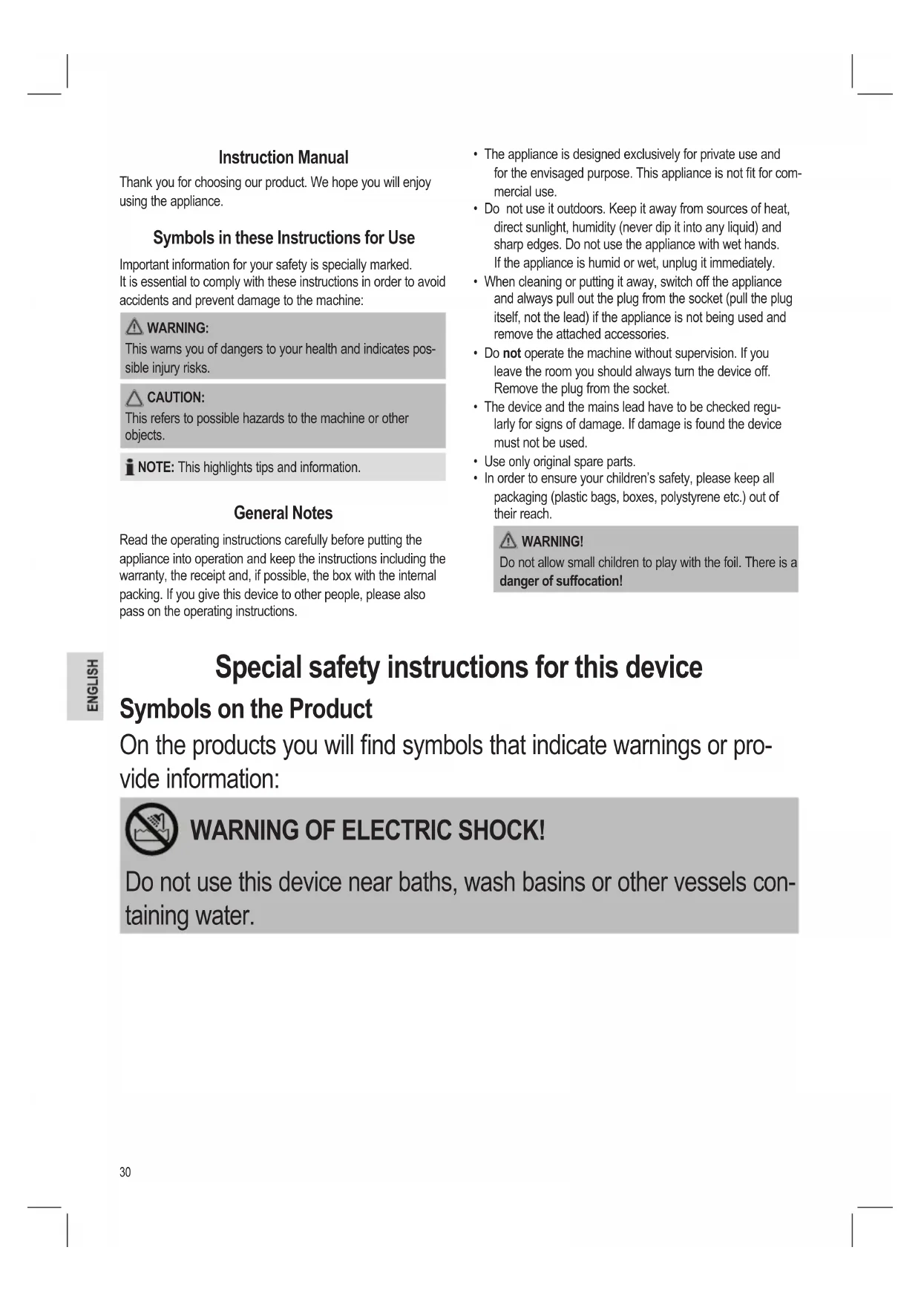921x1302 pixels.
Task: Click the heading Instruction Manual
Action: [x=283, y=157]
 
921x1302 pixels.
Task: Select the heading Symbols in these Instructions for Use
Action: [x=283, y=238]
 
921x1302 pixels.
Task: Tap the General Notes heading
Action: [x=283, y=513]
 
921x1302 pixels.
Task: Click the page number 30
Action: [x=125, y=1172]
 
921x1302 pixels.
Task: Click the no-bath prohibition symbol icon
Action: [x=151, y=829]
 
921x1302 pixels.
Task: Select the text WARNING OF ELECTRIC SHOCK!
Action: [x=367, y=830]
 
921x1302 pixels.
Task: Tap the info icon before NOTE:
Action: [x=129, y=468]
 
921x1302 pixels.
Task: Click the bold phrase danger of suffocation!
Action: [x=561, y=581]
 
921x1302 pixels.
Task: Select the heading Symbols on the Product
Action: [x=246, y=709]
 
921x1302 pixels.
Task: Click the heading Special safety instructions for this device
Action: [x=458, y=667]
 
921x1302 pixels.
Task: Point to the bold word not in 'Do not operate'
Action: [x=511, y=353]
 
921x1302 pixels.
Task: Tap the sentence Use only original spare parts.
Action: [x=560, y=461]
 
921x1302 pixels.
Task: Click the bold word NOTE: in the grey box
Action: [x=156, y=468]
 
